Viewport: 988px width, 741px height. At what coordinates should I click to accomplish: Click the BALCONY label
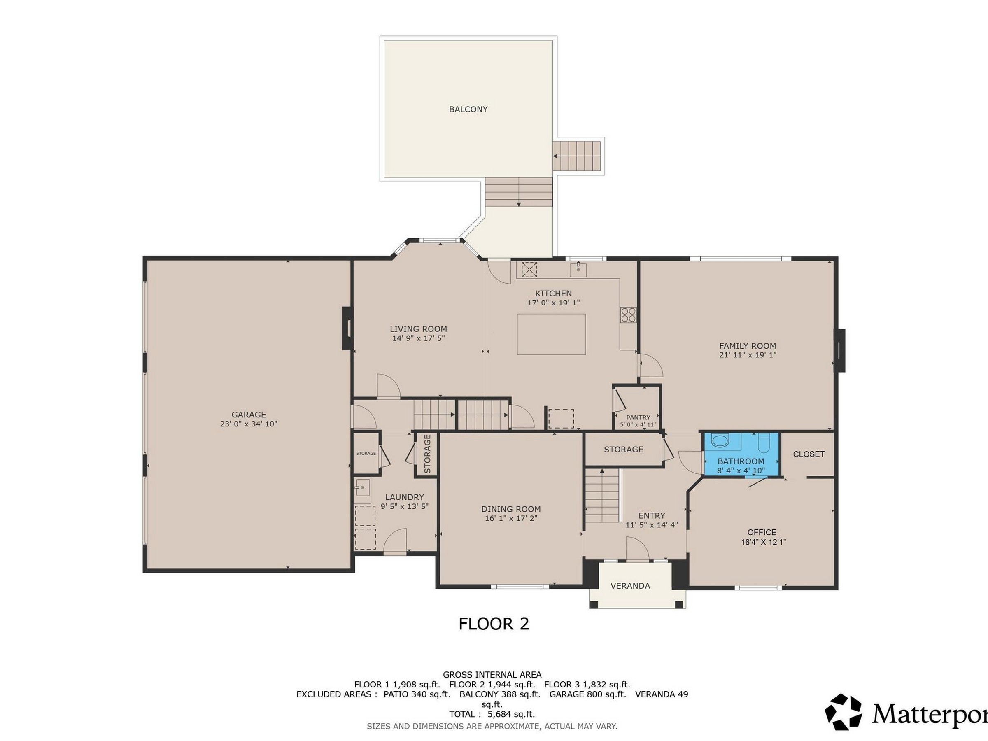(x=468, y=109)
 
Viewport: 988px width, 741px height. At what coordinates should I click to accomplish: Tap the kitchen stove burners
(x=628, y=315)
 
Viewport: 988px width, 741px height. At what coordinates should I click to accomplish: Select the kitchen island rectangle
(x=551, y=334)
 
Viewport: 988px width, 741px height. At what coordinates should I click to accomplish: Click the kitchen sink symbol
(x=578, y=269)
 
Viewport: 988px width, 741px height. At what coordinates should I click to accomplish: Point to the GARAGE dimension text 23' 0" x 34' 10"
(x=249, y=424)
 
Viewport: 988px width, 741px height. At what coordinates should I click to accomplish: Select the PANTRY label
(x=638, y=417)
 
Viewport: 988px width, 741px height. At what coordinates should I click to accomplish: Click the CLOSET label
(x=809, y=454)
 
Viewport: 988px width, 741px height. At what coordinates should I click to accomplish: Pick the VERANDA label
(x=630, y=585)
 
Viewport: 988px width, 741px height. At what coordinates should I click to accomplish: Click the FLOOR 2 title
(x=494, y=624)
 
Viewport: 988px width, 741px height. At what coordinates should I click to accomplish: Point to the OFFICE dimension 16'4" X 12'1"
(x=763, y=542)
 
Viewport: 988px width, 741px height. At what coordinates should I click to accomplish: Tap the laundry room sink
(x=362, y=488)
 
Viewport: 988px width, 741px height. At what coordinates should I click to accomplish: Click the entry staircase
(x=603, y=495)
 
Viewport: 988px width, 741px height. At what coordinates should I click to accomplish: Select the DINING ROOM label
(x=511, y=509)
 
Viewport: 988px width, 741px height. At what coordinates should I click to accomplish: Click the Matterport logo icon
(x=843, y=712)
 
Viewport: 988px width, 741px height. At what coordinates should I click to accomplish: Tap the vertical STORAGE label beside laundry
(x=427, y=454)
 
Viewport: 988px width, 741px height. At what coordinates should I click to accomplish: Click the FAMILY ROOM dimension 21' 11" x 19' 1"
(x=747, y=355)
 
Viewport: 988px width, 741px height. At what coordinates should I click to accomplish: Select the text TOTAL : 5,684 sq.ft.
(x=492, y=714)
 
